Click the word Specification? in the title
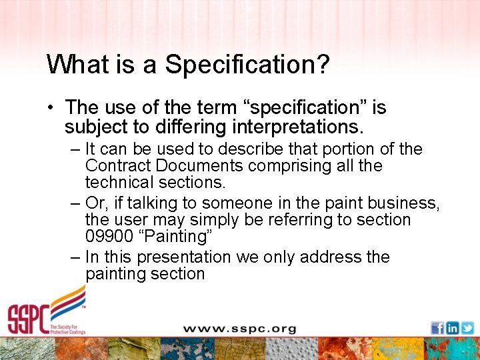tap(248, 65)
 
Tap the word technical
tap(118, 183)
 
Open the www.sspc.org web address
tap(239, 329)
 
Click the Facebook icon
tap(437, 328)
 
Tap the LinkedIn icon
tap(453, 328)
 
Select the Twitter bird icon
tap(467, 328)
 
